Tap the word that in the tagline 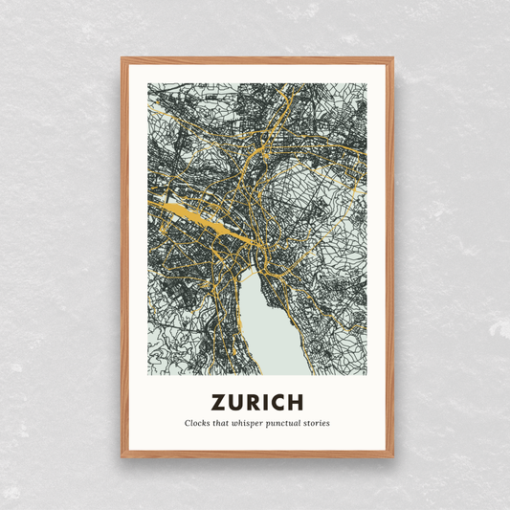click(226, 423)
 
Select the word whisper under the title click(255, 423)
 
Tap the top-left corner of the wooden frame click(122, 59)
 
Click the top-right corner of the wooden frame click(391, 59)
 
